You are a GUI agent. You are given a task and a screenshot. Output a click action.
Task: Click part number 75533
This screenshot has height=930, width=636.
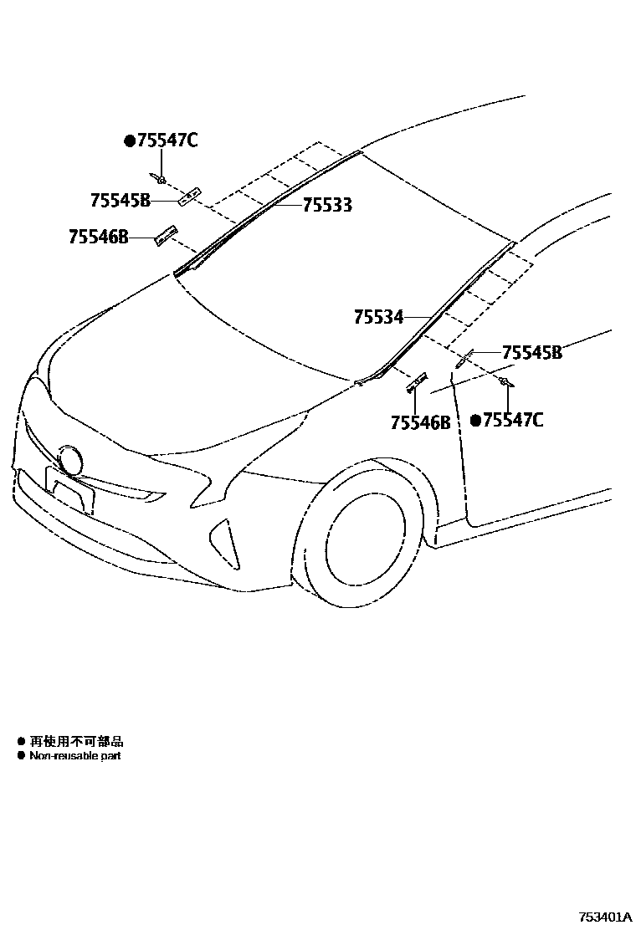[x=326, y=205]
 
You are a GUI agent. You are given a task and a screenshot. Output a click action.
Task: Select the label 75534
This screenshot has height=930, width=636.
[x=378, y=317]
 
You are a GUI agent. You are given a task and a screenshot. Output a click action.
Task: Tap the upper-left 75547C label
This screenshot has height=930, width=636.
[x=167, y=141]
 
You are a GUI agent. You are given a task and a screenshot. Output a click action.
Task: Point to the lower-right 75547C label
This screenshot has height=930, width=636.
[x=513, y=420]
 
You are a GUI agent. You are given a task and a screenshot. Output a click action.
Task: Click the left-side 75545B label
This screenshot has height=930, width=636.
[x=121, y=201]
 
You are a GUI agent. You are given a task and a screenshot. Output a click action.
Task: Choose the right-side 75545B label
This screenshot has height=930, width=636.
[x=532, y=353]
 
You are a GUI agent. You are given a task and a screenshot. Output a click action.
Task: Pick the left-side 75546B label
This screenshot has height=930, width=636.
[x=99, y=238]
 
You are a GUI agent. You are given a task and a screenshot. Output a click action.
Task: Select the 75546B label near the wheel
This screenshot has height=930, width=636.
[x=420, y=423]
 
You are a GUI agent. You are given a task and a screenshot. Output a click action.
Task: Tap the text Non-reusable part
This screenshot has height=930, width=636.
[x=75, y=755]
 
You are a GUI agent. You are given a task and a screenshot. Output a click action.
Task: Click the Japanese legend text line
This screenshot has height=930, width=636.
[x=77, y=741]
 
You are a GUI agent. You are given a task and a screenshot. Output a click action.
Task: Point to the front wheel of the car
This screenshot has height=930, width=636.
[x=366, y=539]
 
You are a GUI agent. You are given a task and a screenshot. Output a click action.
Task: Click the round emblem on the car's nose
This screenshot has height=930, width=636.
[x=71, y=461]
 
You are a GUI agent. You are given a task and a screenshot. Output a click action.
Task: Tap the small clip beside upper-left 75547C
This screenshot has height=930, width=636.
[x=161, y=179]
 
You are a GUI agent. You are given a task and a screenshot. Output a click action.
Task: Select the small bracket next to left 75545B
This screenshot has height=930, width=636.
[x=191, y=196]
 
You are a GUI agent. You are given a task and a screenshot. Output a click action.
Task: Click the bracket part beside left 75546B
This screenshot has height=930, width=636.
[x=167, y=235]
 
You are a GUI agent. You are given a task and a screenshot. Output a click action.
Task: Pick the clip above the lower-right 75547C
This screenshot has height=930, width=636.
[x=505, y=382]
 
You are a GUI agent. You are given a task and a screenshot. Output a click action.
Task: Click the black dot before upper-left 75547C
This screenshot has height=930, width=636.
[x=130, y=141]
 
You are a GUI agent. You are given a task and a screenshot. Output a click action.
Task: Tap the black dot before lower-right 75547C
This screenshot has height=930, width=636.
[x=475, y=421]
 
